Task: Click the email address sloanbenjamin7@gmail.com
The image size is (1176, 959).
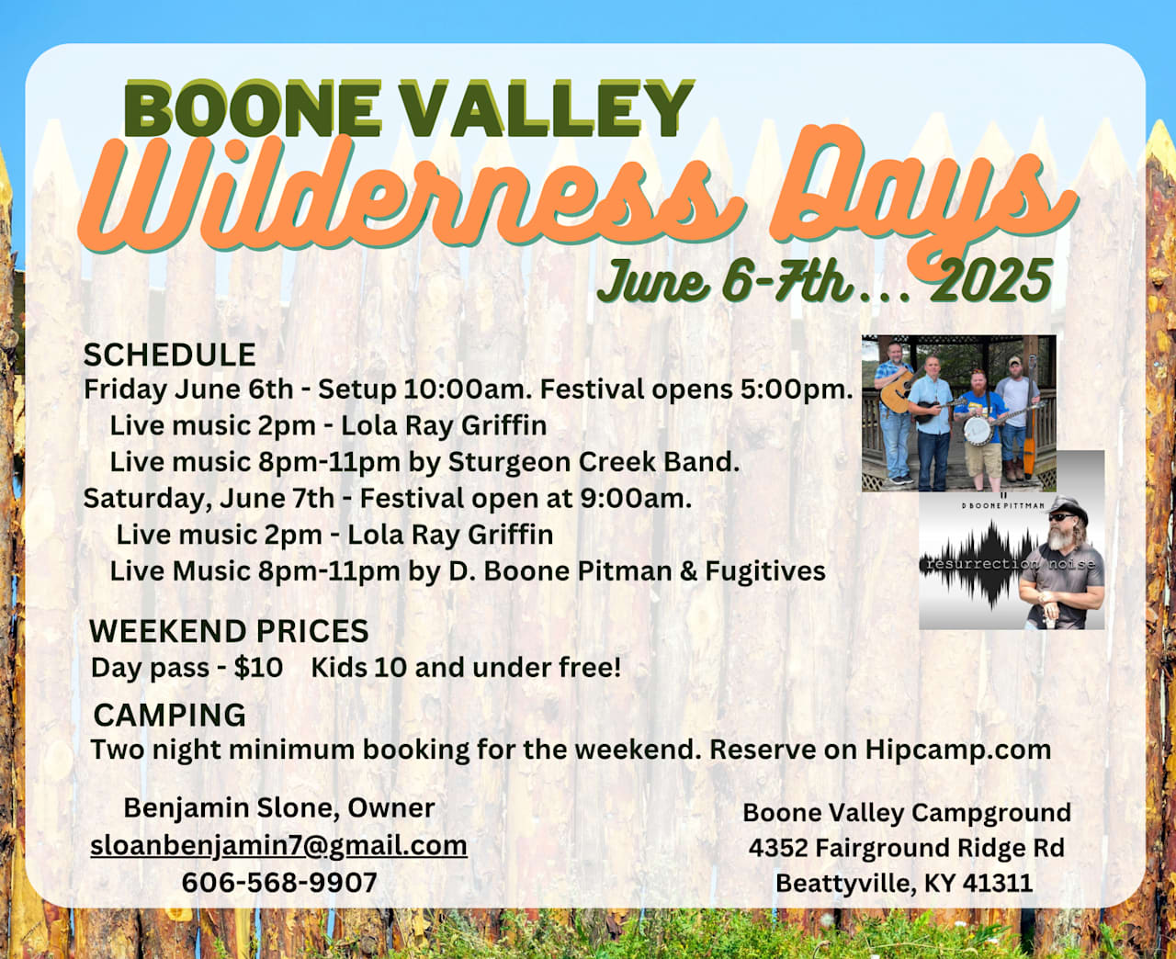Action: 278,846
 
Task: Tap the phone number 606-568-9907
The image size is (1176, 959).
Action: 279,883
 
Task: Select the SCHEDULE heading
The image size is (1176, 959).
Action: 170,355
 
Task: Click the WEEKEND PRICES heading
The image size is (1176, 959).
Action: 229,630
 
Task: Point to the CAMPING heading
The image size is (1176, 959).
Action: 170,715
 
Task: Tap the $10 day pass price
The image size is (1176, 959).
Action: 258,668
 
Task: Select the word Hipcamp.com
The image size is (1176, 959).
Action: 958,750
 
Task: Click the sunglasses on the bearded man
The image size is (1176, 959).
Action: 1059,517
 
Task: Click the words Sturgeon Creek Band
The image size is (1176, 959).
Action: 594,462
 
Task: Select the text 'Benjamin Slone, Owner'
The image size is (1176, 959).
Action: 278,808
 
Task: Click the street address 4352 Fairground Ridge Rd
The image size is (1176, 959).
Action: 907,848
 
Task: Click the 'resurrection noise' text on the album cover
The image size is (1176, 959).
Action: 1011,564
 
